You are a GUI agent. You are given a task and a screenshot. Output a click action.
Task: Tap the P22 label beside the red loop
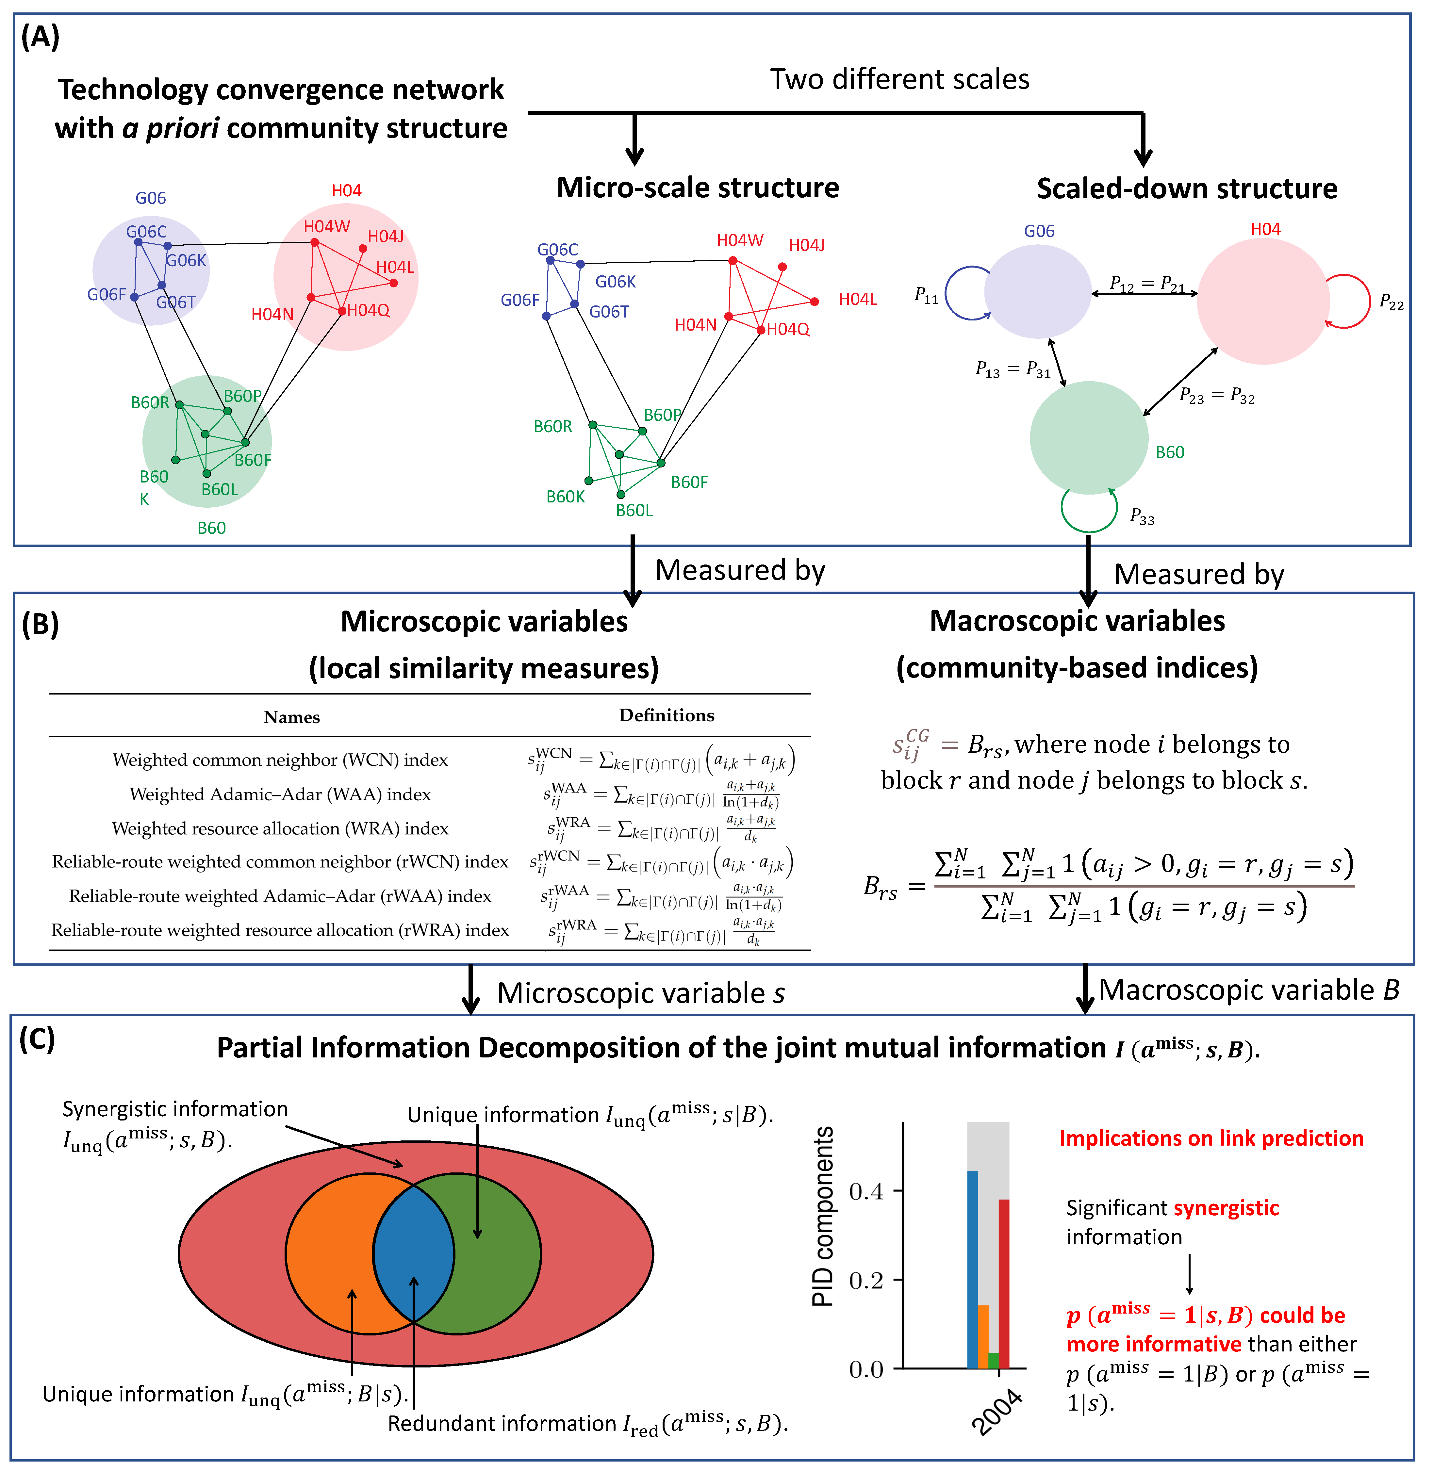pyautogui.click(x=1391, y=303)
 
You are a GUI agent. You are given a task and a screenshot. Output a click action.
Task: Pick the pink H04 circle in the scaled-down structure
pyautogui.click(x=1263, y=301)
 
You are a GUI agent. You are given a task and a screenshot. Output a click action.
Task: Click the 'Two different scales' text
pyautogui.click(x=899, y=79)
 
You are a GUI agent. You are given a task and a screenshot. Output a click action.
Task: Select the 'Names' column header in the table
pyautogui.click(x=292, y=717)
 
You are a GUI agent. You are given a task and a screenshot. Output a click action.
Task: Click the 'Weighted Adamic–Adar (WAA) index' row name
pyautogui.click(x=280, y=794)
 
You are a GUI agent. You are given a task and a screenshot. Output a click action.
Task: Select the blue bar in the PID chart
pyautogui.click(x=972, y=1272)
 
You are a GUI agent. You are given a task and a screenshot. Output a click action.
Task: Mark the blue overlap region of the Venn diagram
pyautogui.click(x=413, y=1253)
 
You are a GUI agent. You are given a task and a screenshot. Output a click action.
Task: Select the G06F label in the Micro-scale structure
pyautogui.click(x=520, y=300)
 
